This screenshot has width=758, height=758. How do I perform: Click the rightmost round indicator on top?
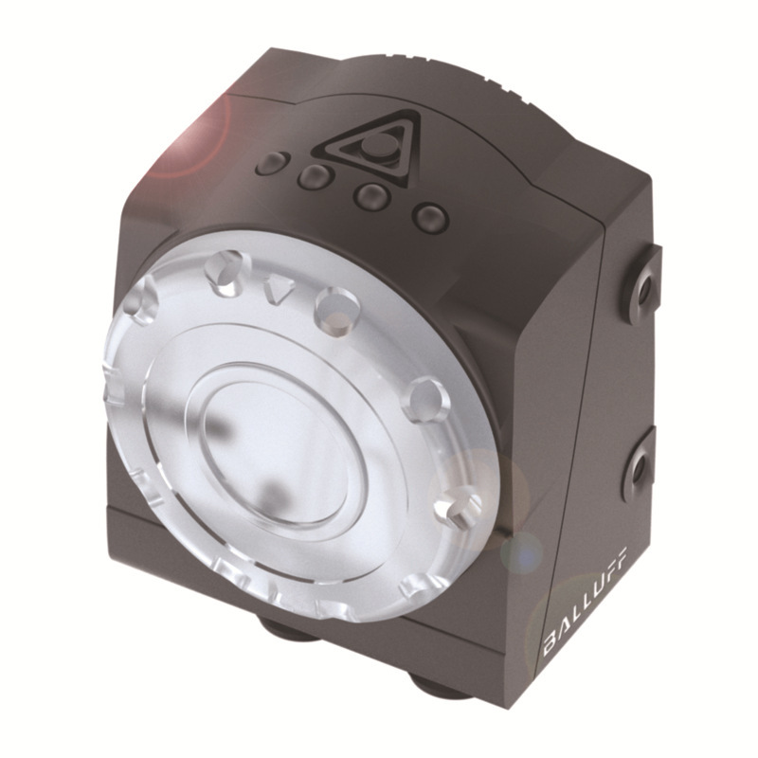(x=429, y=217)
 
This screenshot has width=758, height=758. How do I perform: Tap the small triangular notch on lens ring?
(x=277, y=288)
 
